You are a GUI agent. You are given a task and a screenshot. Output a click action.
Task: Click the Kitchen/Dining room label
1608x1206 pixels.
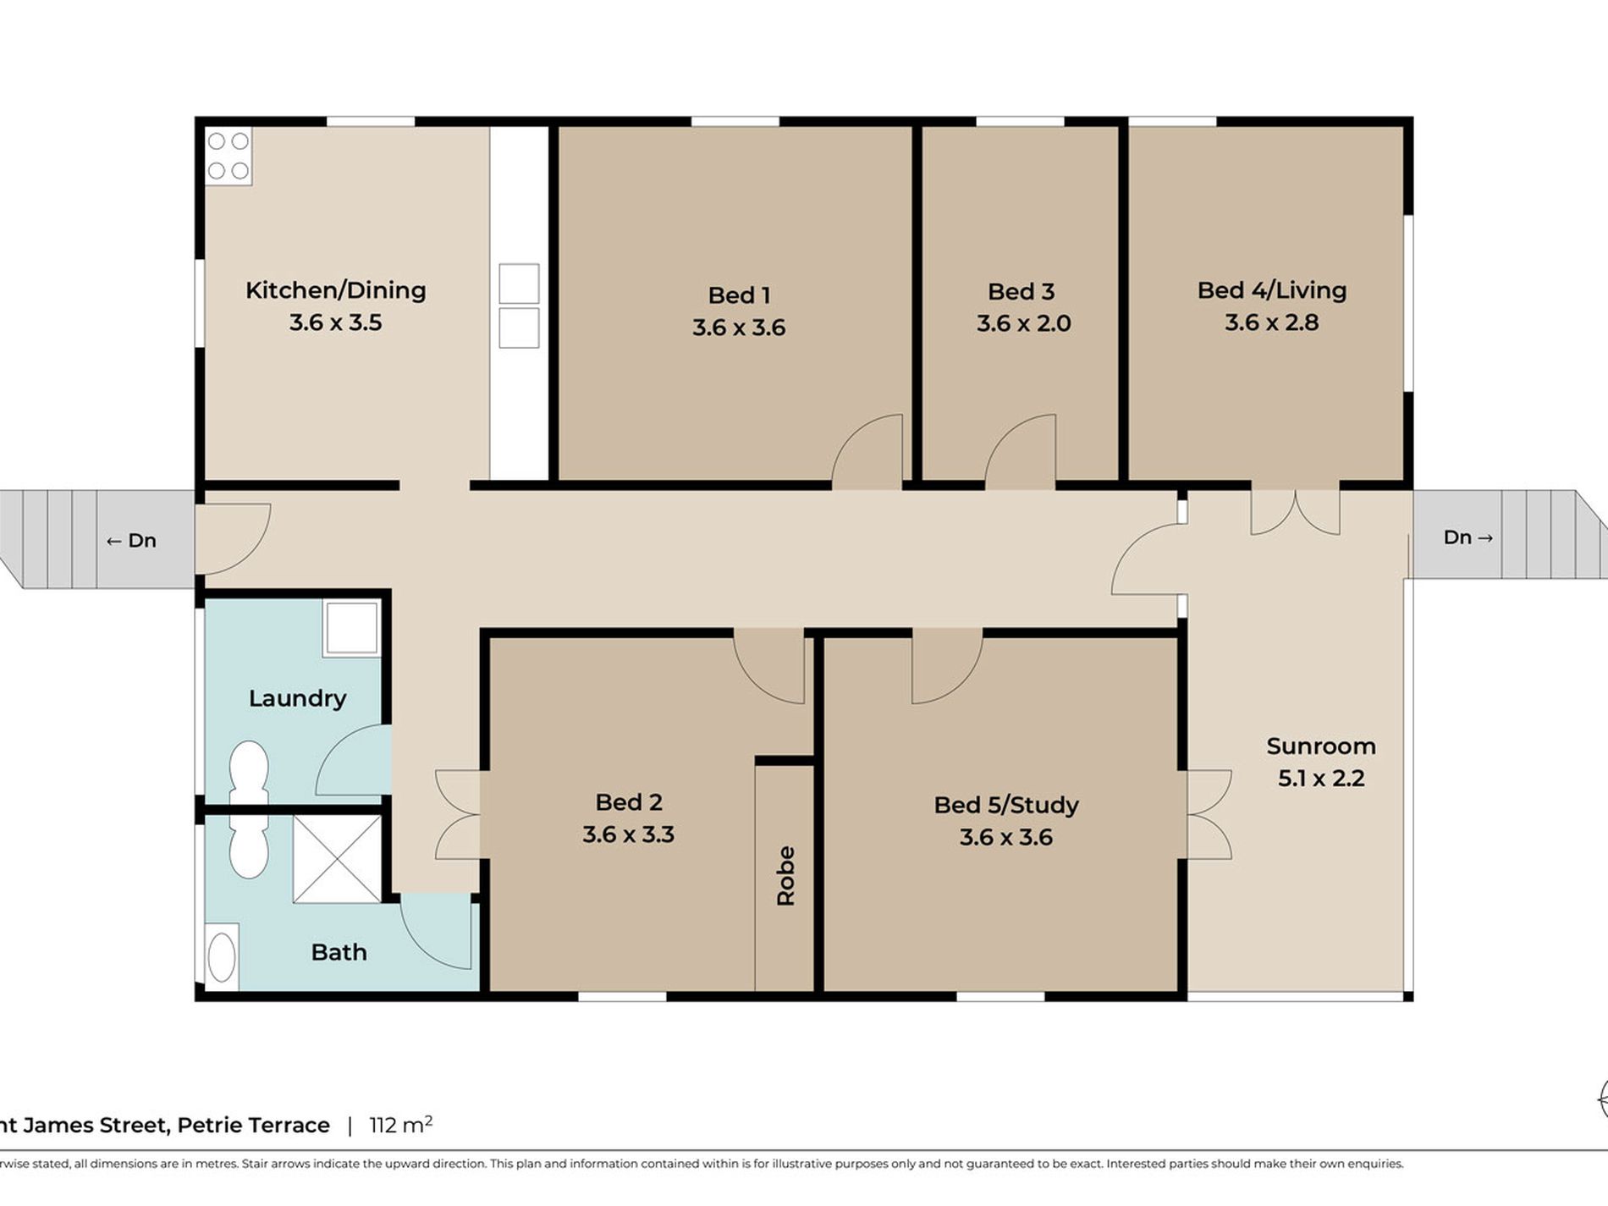coord(336,290)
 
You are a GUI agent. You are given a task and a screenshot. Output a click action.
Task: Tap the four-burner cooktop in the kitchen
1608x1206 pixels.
coord(229,156)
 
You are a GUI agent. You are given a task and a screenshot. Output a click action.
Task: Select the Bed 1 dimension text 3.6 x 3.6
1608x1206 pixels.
coord(739,328)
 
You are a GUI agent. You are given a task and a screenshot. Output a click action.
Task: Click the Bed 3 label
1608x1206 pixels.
coord(1022,292)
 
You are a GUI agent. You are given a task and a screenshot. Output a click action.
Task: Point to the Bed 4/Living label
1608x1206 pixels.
coord(1272,290)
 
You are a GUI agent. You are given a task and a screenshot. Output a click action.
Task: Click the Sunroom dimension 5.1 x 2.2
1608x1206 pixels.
coord(1321,779)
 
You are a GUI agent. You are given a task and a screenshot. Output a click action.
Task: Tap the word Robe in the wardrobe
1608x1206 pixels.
coord(786,876)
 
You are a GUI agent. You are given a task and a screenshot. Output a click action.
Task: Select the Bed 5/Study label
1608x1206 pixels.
coord(1006,805)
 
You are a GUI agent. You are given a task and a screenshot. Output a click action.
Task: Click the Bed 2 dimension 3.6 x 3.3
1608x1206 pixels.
coord(628,834)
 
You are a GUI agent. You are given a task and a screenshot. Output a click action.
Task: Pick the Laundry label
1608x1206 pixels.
coord(298,698)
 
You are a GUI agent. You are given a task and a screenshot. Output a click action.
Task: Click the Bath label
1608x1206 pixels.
coord(339,952)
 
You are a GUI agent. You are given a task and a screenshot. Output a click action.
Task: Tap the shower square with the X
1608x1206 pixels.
coord(337,859)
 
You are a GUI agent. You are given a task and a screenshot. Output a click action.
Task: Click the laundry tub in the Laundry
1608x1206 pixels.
coord(351,627)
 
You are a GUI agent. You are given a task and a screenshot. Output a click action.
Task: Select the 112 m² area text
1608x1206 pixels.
coord(401,1125)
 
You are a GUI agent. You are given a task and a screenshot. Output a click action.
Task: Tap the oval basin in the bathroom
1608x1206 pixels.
coord(222,957)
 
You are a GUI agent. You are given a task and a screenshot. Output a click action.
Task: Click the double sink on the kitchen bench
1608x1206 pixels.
coord(519,306)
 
